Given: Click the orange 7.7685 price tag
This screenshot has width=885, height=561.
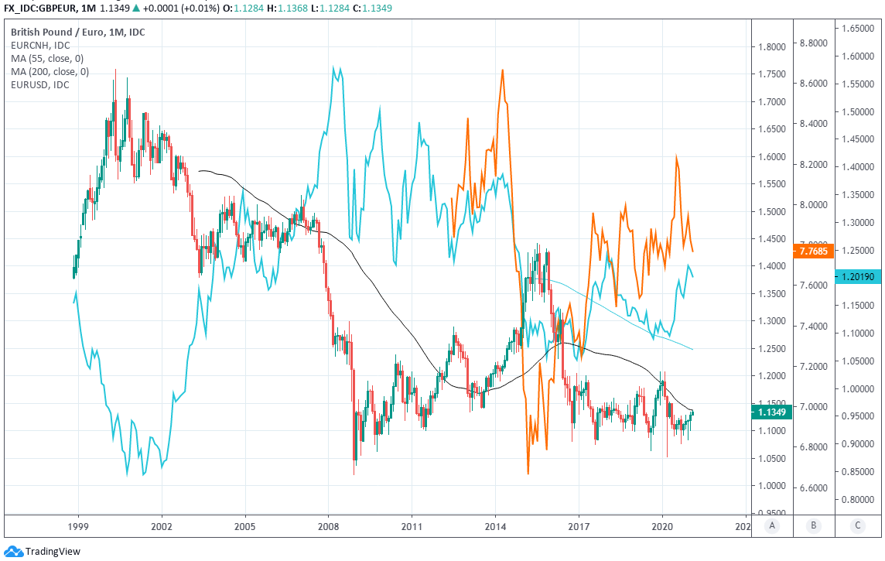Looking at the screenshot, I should click(812, 251).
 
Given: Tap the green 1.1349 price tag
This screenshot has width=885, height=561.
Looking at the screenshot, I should click(771, 412).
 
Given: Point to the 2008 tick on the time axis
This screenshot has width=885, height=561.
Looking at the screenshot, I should click(329, 526).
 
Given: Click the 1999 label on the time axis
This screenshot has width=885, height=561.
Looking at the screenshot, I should click(78, 526).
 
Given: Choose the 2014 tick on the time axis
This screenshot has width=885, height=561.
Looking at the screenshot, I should click(496, 526).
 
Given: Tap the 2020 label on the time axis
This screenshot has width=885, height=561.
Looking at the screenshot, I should click(663, 526).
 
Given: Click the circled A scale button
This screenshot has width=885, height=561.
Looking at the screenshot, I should click(771, 526).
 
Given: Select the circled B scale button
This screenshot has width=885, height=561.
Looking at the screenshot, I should click(814, 526).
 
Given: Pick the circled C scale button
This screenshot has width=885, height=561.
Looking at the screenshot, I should click(857, 526).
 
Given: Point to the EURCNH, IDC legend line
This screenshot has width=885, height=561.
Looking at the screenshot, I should click(40, 45).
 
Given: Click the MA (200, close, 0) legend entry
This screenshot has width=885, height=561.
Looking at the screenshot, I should click(50, 71).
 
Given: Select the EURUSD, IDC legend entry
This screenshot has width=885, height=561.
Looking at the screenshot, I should click(39, 84).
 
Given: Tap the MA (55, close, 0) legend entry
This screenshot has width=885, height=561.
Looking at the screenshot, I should click(46, 58).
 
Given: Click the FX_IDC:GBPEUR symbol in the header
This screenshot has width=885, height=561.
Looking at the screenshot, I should click(37, 9).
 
